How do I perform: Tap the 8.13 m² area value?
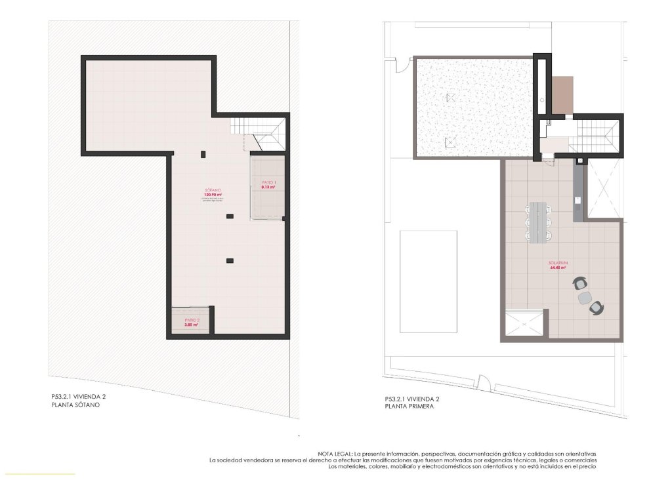(x=268, y=188)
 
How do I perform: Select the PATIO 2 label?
(x=190, y=320)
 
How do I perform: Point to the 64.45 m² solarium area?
(x=558, y=268)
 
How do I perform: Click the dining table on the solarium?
(x=540, y=222)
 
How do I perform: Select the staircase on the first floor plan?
(x=593, y=136)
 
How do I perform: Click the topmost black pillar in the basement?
(x=203, y=154)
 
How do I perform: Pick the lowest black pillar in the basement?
(x=229, y=261)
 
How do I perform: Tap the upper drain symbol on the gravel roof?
(x=450, y=98)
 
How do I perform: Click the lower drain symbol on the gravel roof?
(x=450, y=142)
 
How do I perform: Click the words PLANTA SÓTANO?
(x=75, y=405)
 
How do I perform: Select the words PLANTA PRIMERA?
(x=409, y=407)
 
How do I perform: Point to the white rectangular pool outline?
(x=429, y=281)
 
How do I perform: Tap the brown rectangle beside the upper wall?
(x=562, y=95)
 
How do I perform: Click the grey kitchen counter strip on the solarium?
(x=577, y=191)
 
